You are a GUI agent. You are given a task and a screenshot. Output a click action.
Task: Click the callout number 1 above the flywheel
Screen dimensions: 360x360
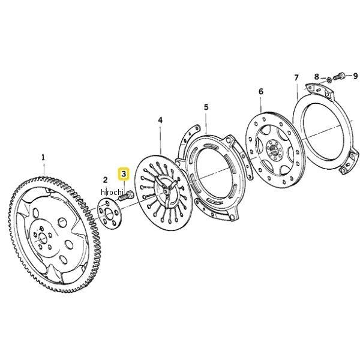[x=43, y=158]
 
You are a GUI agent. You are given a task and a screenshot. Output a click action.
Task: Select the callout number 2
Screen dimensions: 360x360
[x=105, y=180]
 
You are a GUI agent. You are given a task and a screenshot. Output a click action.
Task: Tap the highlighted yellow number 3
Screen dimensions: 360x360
[x=124, y=174]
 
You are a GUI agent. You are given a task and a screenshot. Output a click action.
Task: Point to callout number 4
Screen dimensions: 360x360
[x=160, y=120]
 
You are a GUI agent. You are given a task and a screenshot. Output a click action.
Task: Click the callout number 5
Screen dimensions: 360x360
[x=206, y=107]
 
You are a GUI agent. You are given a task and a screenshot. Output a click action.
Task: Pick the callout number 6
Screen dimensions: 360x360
[x=261, y=91]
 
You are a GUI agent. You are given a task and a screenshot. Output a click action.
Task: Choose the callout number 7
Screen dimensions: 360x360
[x=296, y=78]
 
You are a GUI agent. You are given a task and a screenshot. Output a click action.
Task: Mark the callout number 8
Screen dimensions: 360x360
[x=317, y=76]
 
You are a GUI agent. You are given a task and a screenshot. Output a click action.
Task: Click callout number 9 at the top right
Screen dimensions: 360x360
[x=355, y=76]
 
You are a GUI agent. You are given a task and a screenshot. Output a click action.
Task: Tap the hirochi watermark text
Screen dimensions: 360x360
[x=112, y=192]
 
